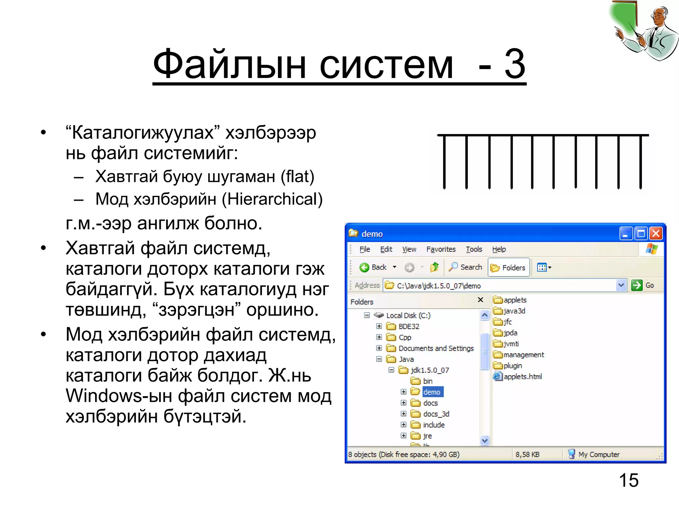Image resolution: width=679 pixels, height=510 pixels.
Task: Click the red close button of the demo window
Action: pyautogui.click(x=656, y=234)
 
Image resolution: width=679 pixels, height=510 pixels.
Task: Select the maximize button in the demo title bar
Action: pyautogui.click(x=641, y=234)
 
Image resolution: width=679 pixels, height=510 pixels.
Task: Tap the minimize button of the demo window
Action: pyautogui.click(x=626, y=234)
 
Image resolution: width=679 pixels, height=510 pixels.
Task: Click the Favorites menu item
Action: pyautogui.click(x=441, y=249)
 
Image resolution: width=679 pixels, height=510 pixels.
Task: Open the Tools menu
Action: pyautogui.click(x=474, y=249)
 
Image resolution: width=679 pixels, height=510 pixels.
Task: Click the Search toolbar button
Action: pyautogui.click(x=465, y=267)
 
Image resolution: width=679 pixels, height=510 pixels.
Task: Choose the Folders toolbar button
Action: pyautogui.click(x=509, y=267)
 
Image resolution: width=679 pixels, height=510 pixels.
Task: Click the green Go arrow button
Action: pyautogui.click(x=637, y=285)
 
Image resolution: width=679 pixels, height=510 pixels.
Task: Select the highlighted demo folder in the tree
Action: pyautogui.click(x=432, y=392)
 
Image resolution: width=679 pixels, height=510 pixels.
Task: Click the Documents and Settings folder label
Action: pyautogui.click(x=436, y=348)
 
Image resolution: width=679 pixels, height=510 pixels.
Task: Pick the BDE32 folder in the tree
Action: pyautogui.click(x=408, y=326)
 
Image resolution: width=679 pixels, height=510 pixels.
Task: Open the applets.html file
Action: pyautogui.click(x=522, y=377)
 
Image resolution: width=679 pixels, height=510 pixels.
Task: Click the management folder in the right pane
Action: pyautogui.click(x=523, y=355)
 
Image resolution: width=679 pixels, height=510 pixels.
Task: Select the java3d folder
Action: pyautogui.click(x=514, y=311)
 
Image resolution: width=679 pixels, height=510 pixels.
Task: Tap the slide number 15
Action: pyautogui.click(x=629, y=480)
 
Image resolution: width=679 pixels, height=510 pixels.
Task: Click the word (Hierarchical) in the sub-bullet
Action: pyautogui.click(x=272, y=199)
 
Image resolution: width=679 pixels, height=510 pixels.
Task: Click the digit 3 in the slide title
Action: pyautogui.click(x=515, y=64)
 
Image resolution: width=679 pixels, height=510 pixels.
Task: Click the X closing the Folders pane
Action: pyautogui.click(x=480, y=300)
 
